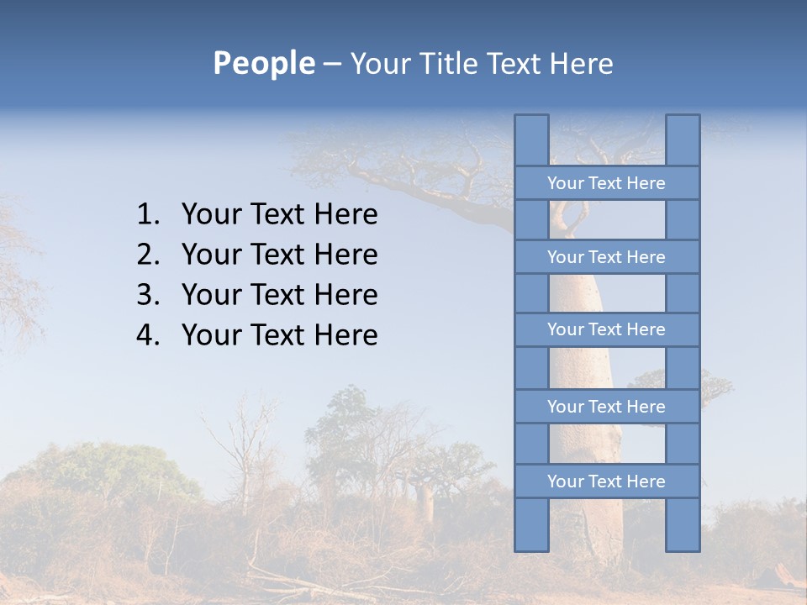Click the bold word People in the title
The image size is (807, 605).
[x=263, y=64]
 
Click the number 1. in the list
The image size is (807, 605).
[x=148, y=215]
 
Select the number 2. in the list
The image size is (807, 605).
[x=148, y=255]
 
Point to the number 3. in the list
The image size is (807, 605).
[x=148, y=295]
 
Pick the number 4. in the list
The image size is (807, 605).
[x=148, y=335]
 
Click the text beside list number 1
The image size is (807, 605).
[x=279, y=215]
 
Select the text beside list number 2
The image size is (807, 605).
[x=279, y=255]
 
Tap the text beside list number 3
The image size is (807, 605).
[x=279, y=295]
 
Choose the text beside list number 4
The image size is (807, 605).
[x=279, y=335]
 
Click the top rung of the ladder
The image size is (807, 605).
[x=606, y=183]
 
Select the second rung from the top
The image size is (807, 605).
[x=606, y=257]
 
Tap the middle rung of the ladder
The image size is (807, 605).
[x=606, y=329]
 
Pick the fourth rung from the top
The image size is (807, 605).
[x=606, y=407]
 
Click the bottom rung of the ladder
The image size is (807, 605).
[x=606, y=481]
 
